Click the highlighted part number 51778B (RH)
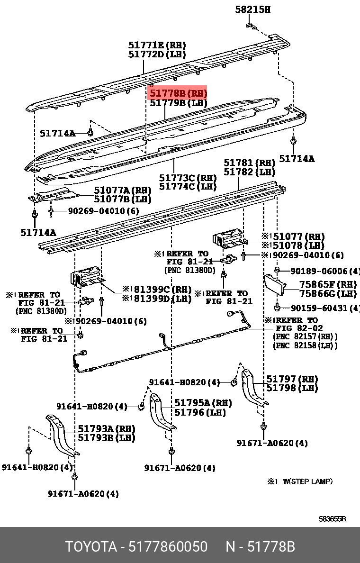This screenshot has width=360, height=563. click(x=178, y=93)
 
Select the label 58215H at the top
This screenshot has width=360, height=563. click(x=253, y=9)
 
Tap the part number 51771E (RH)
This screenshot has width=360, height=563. click(x=157, y=45)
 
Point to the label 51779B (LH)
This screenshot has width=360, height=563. click(x=178, y=103)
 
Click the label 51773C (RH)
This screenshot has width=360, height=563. click(x=188, y=178)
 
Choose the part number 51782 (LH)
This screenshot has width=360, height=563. click(x=250, y=172)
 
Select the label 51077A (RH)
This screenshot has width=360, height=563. click(x=123, y=191)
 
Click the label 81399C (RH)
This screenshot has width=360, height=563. click(x=161, y=290)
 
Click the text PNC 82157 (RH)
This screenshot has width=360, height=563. click(x=305, y=337)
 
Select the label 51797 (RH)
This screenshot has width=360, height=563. click(x=292, y=379)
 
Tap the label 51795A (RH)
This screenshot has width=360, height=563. click(x=203, y=403)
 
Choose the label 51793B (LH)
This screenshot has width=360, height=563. click(x=107, y=437)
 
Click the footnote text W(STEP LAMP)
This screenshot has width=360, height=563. click(x=307, y=481)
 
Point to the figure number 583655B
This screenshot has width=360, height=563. click(x=332, y=519)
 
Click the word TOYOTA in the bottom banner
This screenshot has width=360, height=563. click(x=90, y=547)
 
